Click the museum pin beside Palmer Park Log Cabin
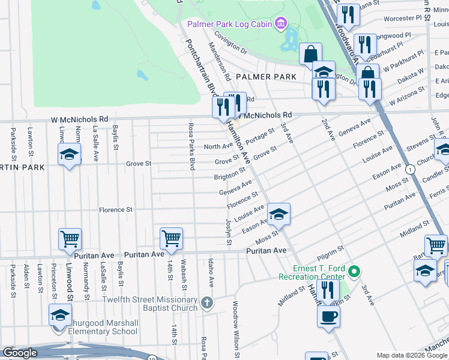280,24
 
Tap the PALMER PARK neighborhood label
266,77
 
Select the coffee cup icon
328,317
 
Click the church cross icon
207,302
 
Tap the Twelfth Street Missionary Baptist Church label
150,304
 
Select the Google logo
20,353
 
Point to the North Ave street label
218,146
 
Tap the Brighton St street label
230,177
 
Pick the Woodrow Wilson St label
236,329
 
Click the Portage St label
259,136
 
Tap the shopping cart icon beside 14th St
171,239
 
